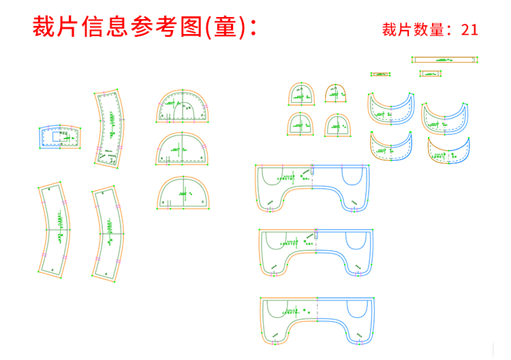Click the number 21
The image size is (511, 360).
coord(470,30)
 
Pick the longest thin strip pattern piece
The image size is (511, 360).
coord(444,60)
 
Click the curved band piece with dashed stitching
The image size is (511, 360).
coord(109,127)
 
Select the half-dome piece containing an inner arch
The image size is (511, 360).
coord(183,106)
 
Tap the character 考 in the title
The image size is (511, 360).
coord(168,27)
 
